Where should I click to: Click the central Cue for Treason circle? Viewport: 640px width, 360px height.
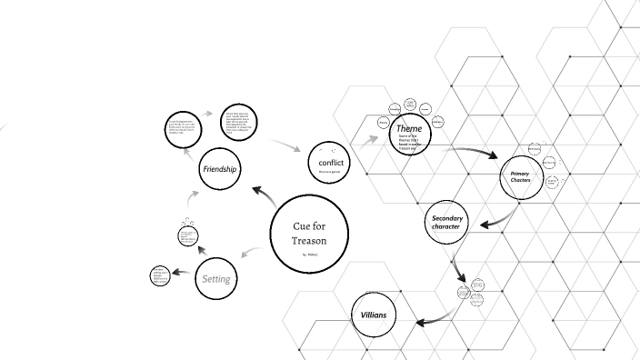tap(309, 232)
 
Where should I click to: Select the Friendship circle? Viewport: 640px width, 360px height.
tap(220, 169)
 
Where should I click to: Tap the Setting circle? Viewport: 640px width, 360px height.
tap(216, 279)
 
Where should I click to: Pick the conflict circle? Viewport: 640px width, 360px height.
tap(329, 163)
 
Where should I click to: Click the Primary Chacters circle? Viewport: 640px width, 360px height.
tap(520, 177)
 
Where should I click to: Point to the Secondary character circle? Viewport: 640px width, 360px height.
tap(447, 223)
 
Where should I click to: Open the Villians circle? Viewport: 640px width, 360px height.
tap(374, 315)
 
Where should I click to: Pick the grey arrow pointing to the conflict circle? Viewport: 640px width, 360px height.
tap(289, 145)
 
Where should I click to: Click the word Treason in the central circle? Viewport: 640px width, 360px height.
tap(308, 240)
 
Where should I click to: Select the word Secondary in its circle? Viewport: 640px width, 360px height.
tap(447, 218)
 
